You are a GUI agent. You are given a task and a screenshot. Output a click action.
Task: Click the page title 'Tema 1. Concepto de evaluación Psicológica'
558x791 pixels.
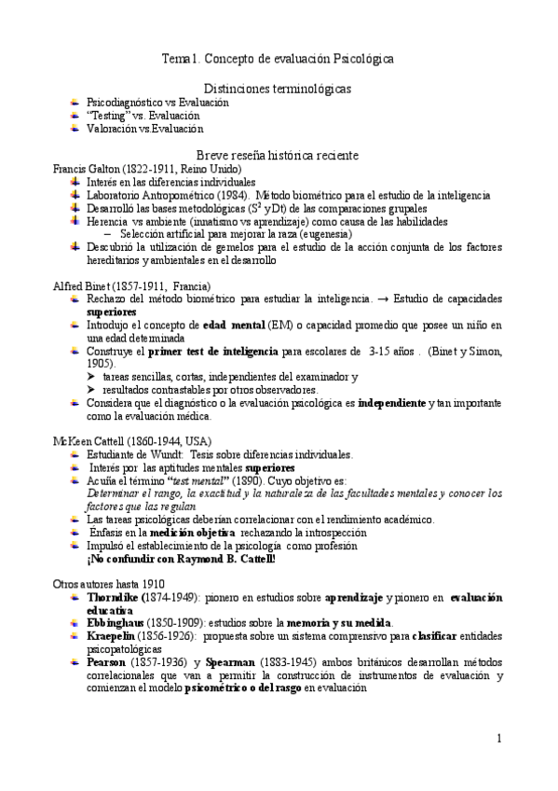[278, 59]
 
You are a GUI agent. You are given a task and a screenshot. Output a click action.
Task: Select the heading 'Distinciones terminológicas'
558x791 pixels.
[278, 88]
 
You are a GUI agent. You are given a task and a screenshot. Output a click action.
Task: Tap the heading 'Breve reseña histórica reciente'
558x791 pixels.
[278, 154]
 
